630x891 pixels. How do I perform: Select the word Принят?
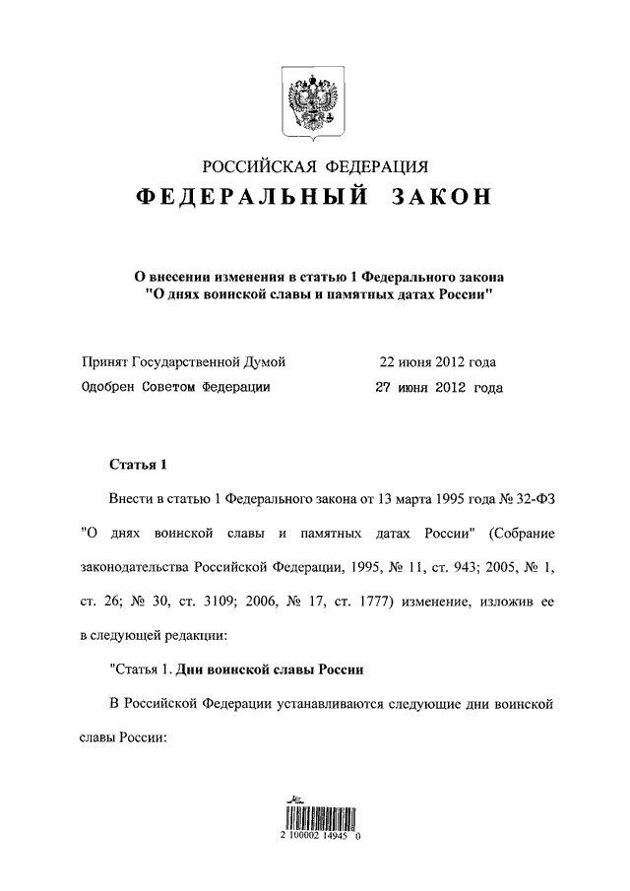107,361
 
